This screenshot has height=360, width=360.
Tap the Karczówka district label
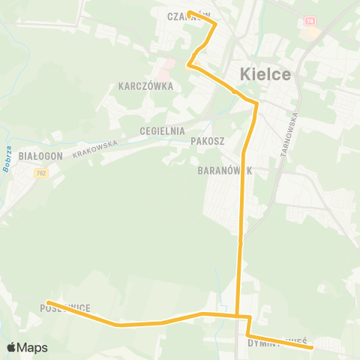tap(145, 86)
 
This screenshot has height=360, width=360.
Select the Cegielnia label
tap(161, 130)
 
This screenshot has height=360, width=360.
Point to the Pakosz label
tap(208, 140)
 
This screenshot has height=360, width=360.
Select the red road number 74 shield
tap(310, 21)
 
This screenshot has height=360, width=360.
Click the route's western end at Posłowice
tap(48, 303)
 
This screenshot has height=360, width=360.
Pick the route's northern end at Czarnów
tap(189, 12)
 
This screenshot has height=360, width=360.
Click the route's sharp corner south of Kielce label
tap(256, 103)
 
